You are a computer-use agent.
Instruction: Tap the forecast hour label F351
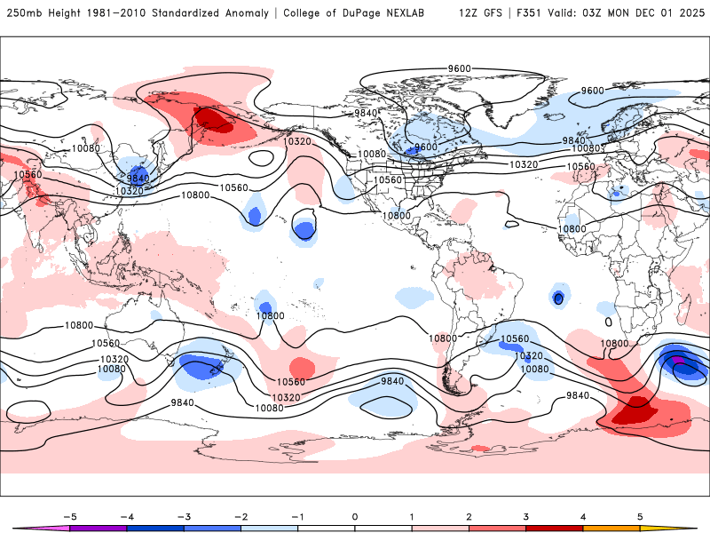click(526, 13)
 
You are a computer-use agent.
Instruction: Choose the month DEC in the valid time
click(649, 13)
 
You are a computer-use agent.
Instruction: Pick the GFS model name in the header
click(492, 13)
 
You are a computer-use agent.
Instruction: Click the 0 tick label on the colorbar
click(355, 516)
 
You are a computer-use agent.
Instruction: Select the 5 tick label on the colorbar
click(640, 516)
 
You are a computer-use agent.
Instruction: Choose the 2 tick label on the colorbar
click(469, 516)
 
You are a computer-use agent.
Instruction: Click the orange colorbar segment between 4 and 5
click(611, 528)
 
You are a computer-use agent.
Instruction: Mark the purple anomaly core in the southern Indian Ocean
click(678, 360)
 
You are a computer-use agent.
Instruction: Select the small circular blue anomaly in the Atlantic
click(558, 298)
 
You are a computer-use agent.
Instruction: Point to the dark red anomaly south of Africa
click(637, 410)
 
